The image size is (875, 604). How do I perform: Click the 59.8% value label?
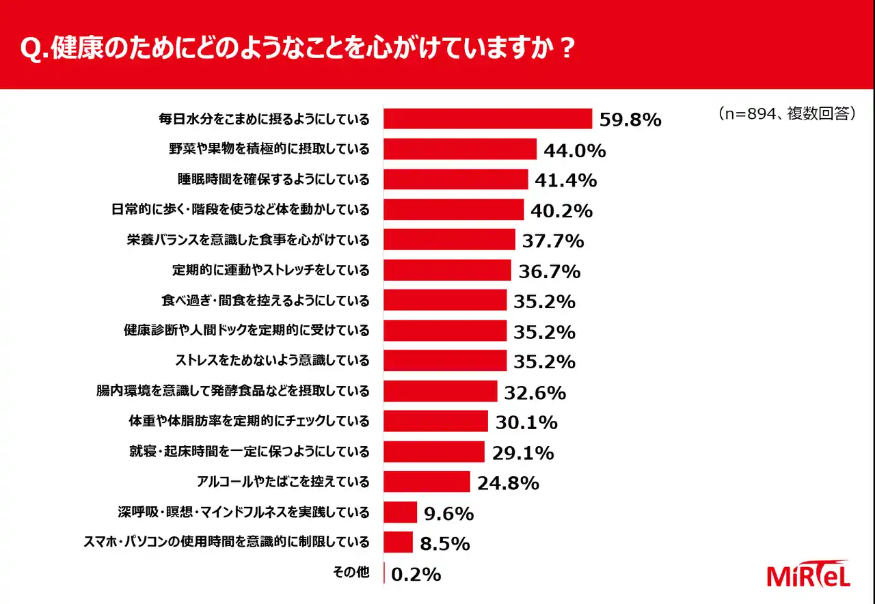coord(630,120)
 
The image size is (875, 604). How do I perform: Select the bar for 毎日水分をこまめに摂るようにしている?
coord(487,118)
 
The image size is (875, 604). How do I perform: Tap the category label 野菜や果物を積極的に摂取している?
coord(269,149)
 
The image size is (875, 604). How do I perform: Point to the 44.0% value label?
coord(574,151)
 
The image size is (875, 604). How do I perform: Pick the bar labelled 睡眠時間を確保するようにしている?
coord(455,179)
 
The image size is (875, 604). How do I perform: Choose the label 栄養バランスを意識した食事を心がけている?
coord(248,240)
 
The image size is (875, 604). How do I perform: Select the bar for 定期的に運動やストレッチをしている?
coord(447,270)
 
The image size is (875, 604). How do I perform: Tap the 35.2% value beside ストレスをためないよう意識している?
coord(543,361)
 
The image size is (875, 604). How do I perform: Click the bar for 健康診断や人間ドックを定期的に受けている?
coord(445,331)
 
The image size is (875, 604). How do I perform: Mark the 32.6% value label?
coord(535,393)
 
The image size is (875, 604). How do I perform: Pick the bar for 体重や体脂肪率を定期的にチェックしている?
coord(435,421)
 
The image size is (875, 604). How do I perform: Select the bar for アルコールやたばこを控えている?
coord(427,482)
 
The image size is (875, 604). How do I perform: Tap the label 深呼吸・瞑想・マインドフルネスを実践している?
coord(244,512)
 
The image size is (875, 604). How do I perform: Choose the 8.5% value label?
coord(445,544)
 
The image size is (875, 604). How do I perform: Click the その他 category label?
coord(351,573)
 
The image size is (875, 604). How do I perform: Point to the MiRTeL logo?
coord(808,575)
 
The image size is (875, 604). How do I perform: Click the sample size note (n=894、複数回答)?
coord(786,114)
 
